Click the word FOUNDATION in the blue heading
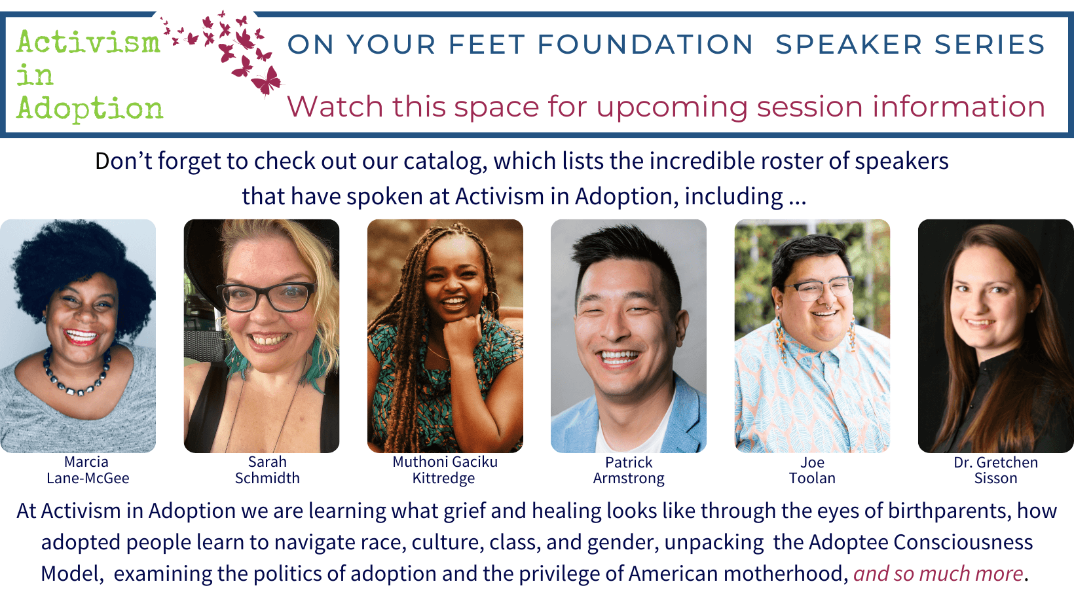click(x=645, y=45)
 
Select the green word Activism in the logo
click(x=88, y=43)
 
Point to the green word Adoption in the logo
click(x=90, y=108)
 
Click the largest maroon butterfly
click(x=267, y=81)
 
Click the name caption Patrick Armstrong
click(x=629, y=470)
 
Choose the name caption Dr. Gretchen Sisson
click(x=995, y=470)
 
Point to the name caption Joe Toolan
click(x=812, y=470)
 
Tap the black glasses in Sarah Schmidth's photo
click(x=266, y=296)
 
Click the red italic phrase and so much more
click(x=938, y=574)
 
